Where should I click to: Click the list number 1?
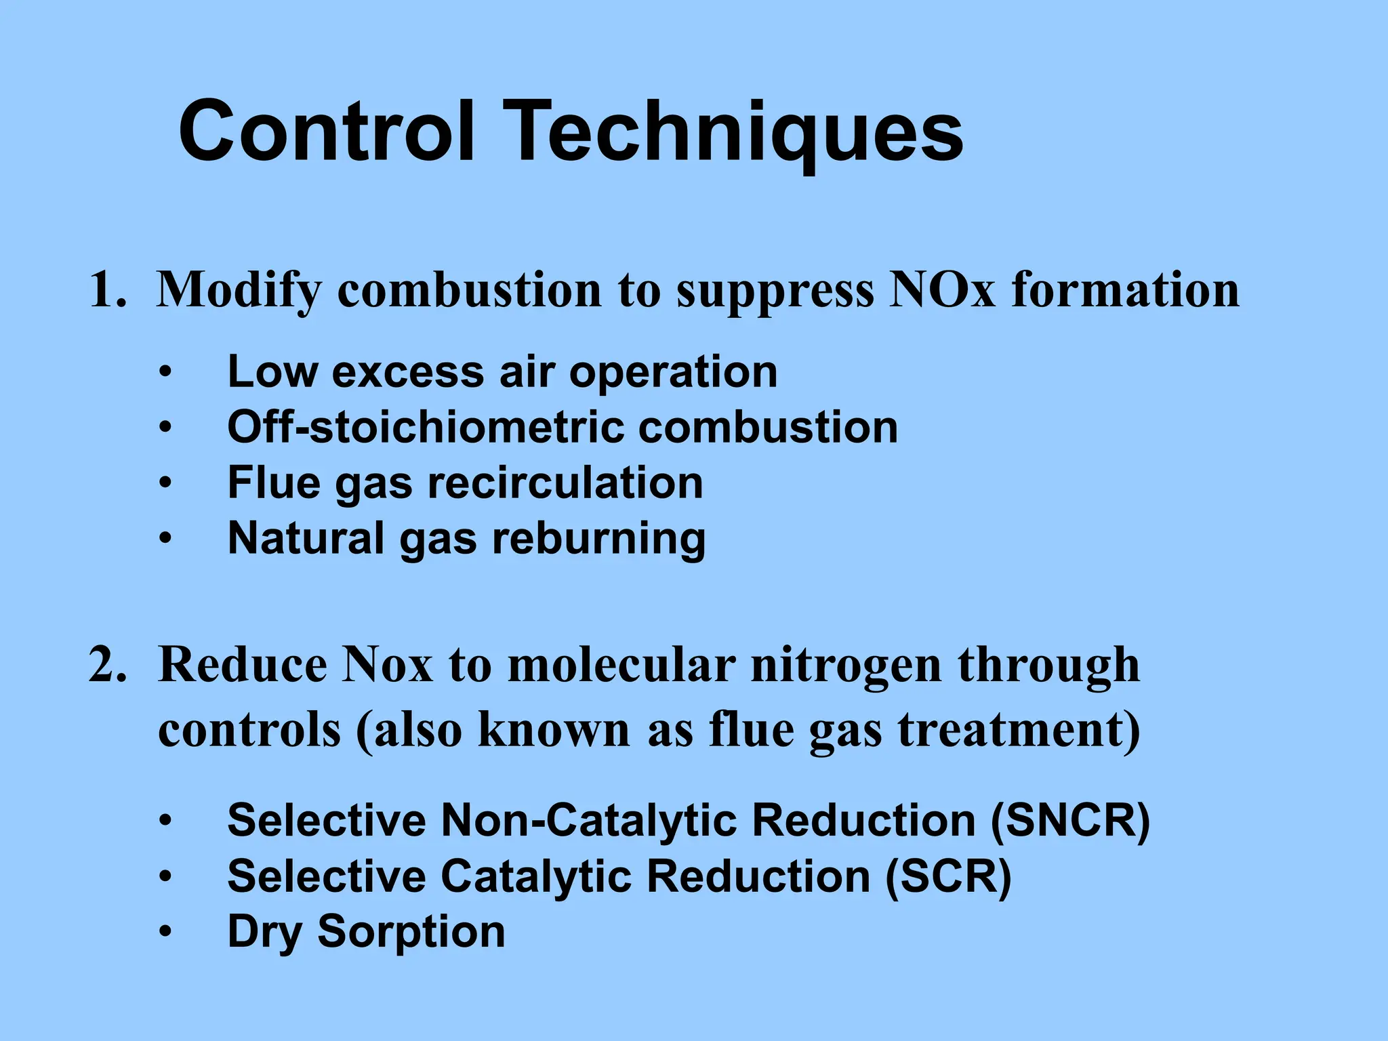tap(107, 290)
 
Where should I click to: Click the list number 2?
tap(107, 666)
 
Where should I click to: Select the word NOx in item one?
tap(942, 290)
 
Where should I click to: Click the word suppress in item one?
tap(775, 290)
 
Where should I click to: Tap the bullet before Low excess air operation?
tap(165, 372)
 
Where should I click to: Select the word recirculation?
tap(565, 483)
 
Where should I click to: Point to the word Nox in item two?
tap(386, 666)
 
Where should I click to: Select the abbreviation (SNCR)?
tap(1070, 821)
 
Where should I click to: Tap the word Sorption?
tap(411, 932)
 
